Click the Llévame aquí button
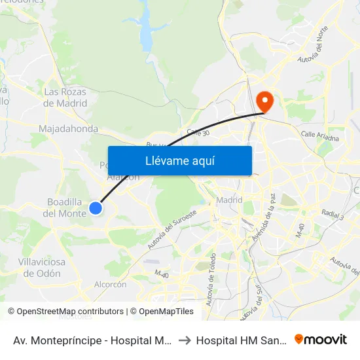pos(179,160)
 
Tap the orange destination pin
pos(265,101)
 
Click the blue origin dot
pos(96,208)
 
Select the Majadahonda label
pos(69,129)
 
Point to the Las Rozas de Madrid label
pos(65,98)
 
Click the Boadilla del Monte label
pos(65,207)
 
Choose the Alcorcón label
pos(110,285)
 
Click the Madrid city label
pos(229,200)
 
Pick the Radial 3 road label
pos(333,213)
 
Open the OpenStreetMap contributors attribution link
pos(70,312)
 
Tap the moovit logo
pos(321,340)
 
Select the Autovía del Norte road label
pos(312,49)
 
